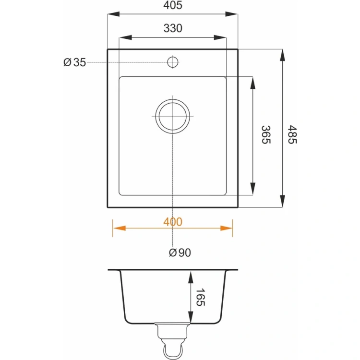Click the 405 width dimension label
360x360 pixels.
coord(173,5)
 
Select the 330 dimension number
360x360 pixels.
coord(173,28)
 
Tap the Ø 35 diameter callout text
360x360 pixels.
coord(74,62)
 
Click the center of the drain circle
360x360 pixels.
coord(173,116)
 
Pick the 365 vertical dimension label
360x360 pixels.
coord(266,134)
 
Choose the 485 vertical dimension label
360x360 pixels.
coord(292,134)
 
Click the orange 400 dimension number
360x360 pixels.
coord(173,222)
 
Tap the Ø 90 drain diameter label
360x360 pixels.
coord(180,252)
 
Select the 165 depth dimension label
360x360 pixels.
coord(200,297)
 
